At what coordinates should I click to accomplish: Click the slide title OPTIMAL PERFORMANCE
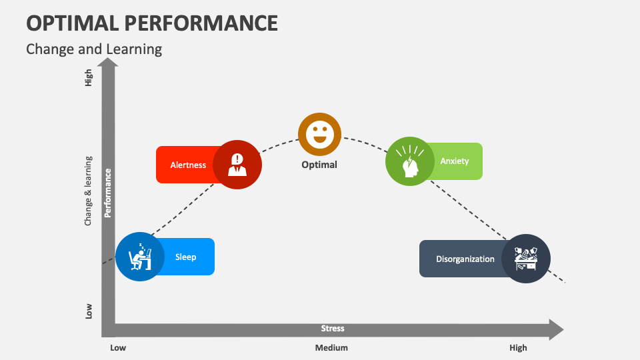tap(152, 23)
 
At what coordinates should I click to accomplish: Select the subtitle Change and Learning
tap(94, 49)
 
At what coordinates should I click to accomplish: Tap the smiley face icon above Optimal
tap(319, 135)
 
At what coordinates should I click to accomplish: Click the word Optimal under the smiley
tap(319, 165)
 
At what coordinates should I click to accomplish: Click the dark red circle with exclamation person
tap(237, 164)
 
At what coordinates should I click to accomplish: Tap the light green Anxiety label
tap(455, 161)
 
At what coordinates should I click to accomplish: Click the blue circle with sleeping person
tap(140, 256)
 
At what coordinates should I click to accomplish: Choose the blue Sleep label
tap(185, 257)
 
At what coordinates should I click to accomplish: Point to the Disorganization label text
tap(465, 259)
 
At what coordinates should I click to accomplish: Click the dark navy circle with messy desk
tap(525, 259)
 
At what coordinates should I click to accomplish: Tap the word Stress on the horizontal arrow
tap(333, 328)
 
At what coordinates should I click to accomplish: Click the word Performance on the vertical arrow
tap(108, 193)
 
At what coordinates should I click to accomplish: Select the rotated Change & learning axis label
tap(88, 191)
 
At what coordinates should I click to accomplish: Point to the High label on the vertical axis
tap(89, 78)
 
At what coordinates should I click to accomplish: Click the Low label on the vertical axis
tap(89, 311)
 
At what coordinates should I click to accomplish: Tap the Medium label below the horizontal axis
tap(331, 347)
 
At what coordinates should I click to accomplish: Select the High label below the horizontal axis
tap(518, 347)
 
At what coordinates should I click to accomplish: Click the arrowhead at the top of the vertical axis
tap(108, 63)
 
